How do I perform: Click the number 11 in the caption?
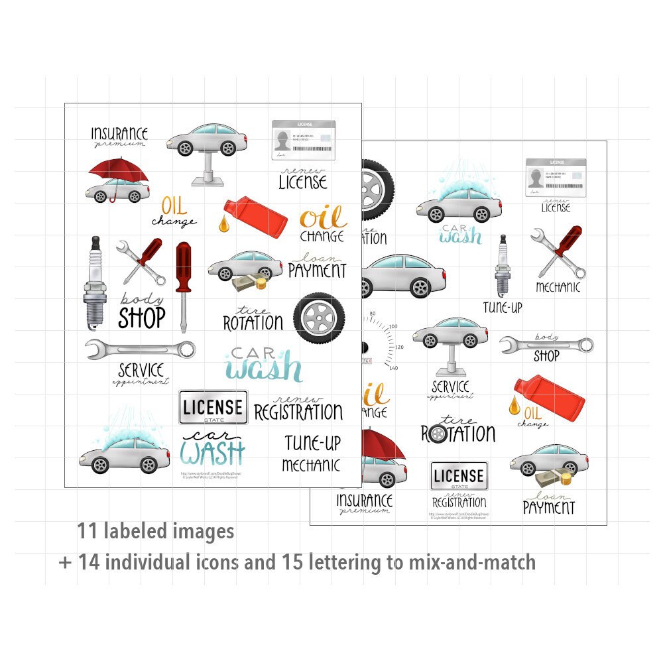86,532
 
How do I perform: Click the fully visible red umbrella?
118,171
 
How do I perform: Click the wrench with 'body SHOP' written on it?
546,345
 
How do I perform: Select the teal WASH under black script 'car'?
211,453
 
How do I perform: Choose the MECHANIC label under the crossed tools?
558,288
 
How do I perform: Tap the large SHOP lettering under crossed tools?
141,318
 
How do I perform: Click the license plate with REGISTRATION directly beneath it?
459,475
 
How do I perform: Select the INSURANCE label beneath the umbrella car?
364,500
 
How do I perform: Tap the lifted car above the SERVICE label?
450,333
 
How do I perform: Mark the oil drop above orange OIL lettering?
514,404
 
